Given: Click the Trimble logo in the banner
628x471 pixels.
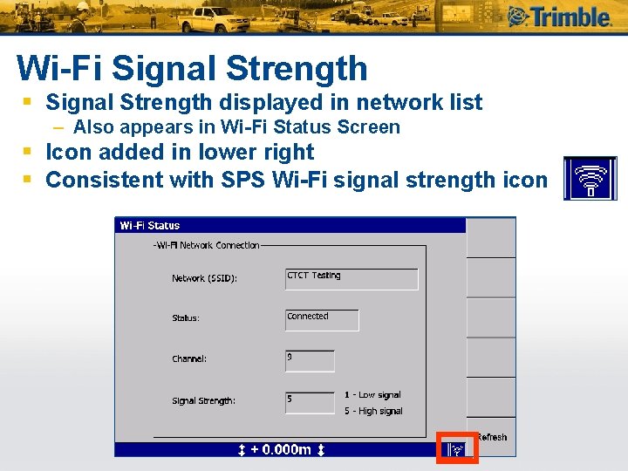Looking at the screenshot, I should click(559, 17).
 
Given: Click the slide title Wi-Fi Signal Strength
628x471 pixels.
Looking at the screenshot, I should click(192, 68).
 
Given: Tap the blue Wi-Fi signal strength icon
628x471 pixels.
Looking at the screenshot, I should click(590, 179).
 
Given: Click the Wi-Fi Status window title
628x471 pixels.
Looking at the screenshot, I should click(150, 226).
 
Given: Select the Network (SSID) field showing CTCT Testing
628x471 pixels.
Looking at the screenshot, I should click(352, 278).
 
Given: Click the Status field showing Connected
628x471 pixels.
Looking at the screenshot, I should click(322, 319).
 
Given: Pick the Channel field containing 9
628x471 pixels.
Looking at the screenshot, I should click(310, 360).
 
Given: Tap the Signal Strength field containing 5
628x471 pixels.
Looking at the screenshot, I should click(310, 401).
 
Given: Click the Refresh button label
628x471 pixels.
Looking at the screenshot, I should click(492, 437).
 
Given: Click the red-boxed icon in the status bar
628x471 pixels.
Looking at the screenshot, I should click(457, 448).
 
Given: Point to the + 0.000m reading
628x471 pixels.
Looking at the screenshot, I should click(282, 450).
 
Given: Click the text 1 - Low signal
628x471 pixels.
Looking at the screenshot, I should click(372, 395).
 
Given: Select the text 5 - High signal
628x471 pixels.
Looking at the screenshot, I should click(373, 411).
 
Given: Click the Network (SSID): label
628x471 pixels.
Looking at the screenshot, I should click(204, 279).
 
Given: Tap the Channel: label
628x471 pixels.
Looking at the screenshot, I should click(189, 359).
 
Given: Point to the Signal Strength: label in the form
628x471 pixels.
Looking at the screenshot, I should click(203, 401).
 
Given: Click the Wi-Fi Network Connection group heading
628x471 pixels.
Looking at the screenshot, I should click(207, 245).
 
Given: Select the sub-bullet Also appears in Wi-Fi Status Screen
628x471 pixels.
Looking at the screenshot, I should click(236, 127).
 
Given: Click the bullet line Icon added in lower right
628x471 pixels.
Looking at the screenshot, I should click(179, 153).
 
